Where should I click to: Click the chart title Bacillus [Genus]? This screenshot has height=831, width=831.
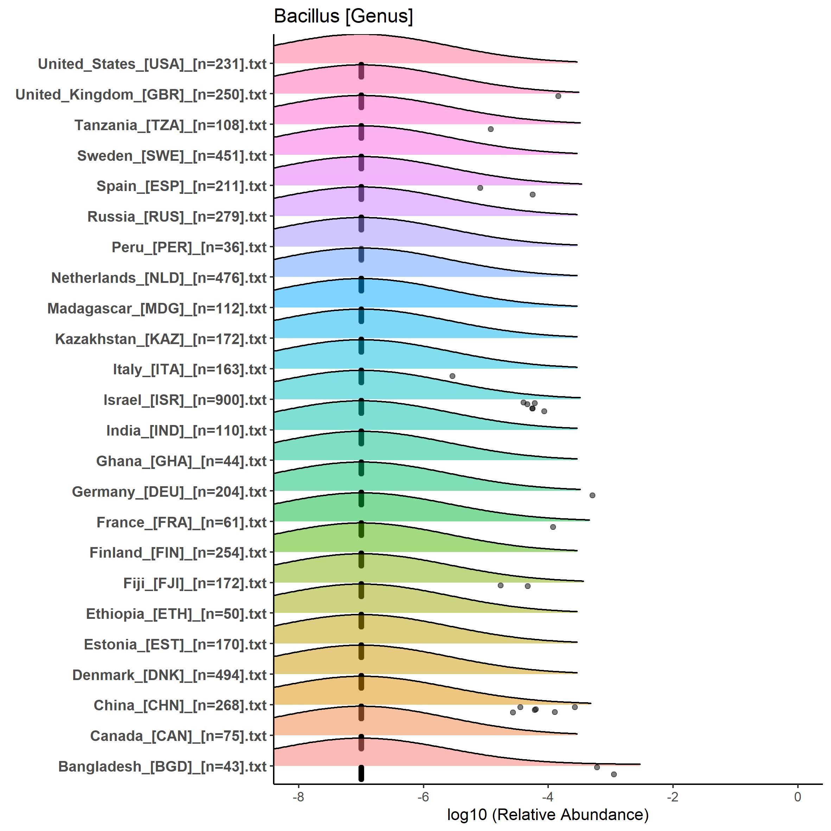coord(343,16)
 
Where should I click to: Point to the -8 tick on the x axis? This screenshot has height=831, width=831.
coord(298,797)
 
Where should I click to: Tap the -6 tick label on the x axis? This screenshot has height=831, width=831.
coord(423,797)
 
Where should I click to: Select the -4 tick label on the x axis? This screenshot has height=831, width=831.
coord(547,797)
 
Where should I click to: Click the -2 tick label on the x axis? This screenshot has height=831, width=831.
coord(672,797)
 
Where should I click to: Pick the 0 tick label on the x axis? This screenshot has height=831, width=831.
coord(798,797)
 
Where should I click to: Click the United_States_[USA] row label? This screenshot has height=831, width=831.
coord(152,64)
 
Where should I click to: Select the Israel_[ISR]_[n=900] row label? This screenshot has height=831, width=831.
coord(185,400)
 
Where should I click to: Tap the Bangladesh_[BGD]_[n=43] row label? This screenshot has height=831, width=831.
coord(162,767)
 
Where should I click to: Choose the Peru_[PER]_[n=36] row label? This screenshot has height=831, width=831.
coord(189,247)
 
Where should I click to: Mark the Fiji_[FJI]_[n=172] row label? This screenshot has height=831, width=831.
coord(195,583)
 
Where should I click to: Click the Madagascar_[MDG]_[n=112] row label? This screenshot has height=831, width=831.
coord(157,309)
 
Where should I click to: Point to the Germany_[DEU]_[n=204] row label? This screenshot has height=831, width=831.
coord(169,491)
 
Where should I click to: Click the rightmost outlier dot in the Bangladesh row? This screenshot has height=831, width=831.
coord(614,774)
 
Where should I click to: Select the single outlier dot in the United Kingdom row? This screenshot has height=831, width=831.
coord(558,96)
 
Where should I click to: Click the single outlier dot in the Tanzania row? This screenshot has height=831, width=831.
coord(491,129)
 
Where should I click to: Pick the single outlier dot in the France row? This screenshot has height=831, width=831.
coord(553,527)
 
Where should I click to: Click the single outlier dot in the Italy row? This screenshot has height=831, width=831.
coord(452,376)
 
